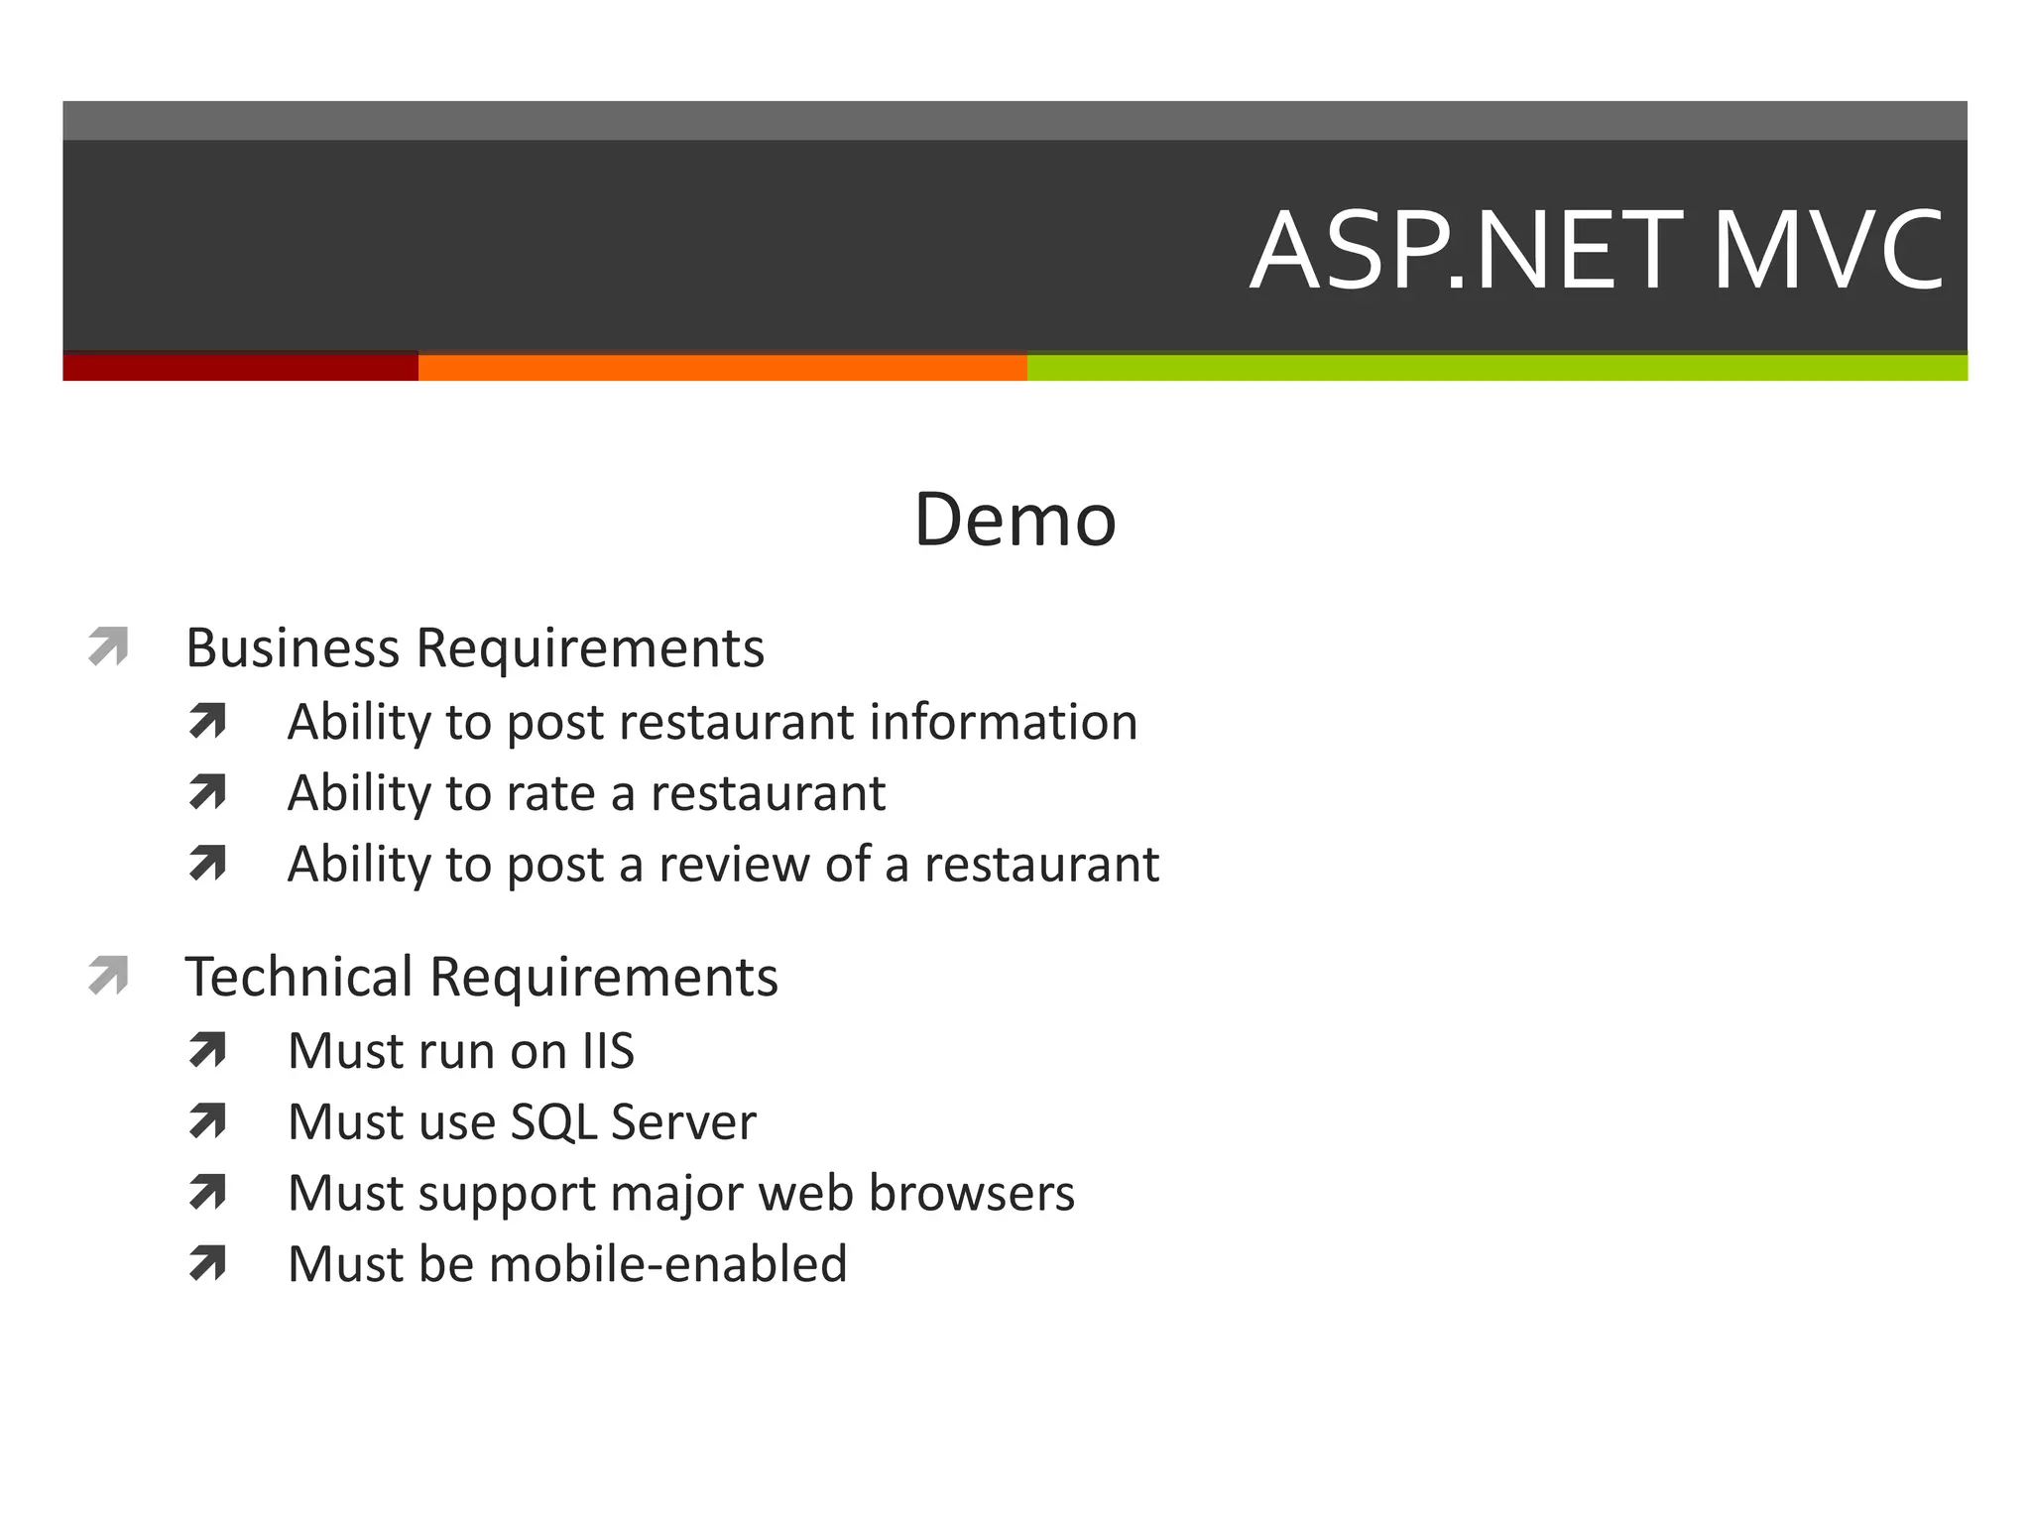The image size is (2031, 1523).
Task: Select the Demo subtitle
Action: click(x=1015, y=520)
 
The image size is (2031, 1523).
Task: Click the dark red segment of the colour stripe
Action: click(x=240, y=367)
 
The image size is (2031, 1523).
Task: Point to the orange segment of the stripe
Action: click(x=722, y=367)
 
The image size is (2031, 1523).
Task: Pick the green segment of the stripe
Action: click(x=1496, y=367)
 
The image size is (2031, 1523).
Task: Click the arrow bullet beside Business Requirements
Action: click(x=108, y=646)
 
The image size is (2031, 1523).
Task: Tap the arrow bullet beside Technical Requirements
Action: click(x=108, y=975)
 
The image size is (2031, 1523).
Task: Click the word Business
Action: click(x=293, y=648)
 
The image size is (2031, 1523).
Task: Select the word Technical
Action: click(x=299, y=977)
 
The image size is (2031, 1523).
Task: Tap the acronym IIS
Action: click(x=608, y=1051)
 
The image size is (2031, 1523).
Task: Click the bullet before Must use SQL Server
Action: click(x=207, y=1121)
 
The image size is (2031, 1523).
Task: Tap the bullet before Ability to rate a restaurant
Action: click(x=207, y=792)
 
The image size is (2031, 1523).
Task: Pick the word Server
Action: click(x=683, y=1122)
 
